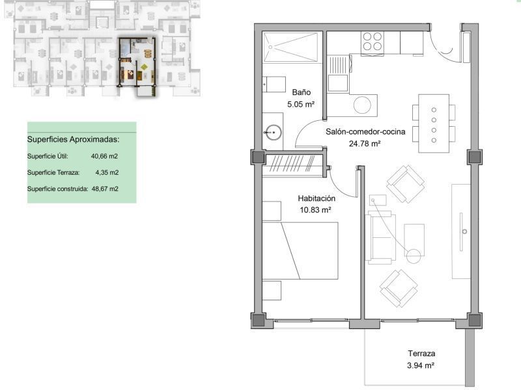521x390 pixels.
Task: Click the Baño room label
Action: point(302,92)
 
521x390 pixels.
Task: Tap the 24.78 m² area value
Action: point(365,144)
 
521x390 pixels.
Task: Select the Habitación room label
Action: point(317,198)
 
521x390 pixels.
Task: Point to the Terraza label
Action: point(421,354)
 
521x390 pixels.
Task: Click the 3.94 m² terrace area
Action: point(421,365)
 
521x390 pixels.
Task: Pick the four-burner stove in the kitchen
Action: point(372,42)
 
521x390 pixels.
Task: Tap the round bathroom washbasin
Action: point(273,133)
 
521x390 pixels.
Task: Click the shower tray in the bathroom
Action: point(290,47)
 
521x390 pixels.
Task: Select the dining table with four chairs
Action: point(434,123)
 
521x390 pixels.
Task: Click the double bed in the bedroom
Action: point(300,251)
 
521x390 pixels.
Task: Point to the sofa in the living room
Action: point(380,237)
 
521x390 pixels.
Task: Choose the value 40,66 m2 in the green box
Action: point(104,156)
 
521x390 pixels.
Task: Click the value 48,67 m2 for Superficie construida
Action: point(105,188)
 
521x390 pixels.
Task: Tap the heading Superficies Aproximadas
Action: point(73,139)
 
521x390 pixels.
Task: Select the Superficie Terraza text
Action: point(53,172)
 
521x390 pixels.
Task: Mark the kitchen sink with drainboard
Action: point(339,73)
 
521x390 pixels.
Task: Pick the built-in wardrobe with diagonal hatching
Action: point(292,164)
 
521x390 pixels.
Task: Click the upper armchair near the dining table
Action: point(406,184)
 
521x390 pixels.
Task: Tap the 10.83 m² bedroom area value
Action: point(315,210)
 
